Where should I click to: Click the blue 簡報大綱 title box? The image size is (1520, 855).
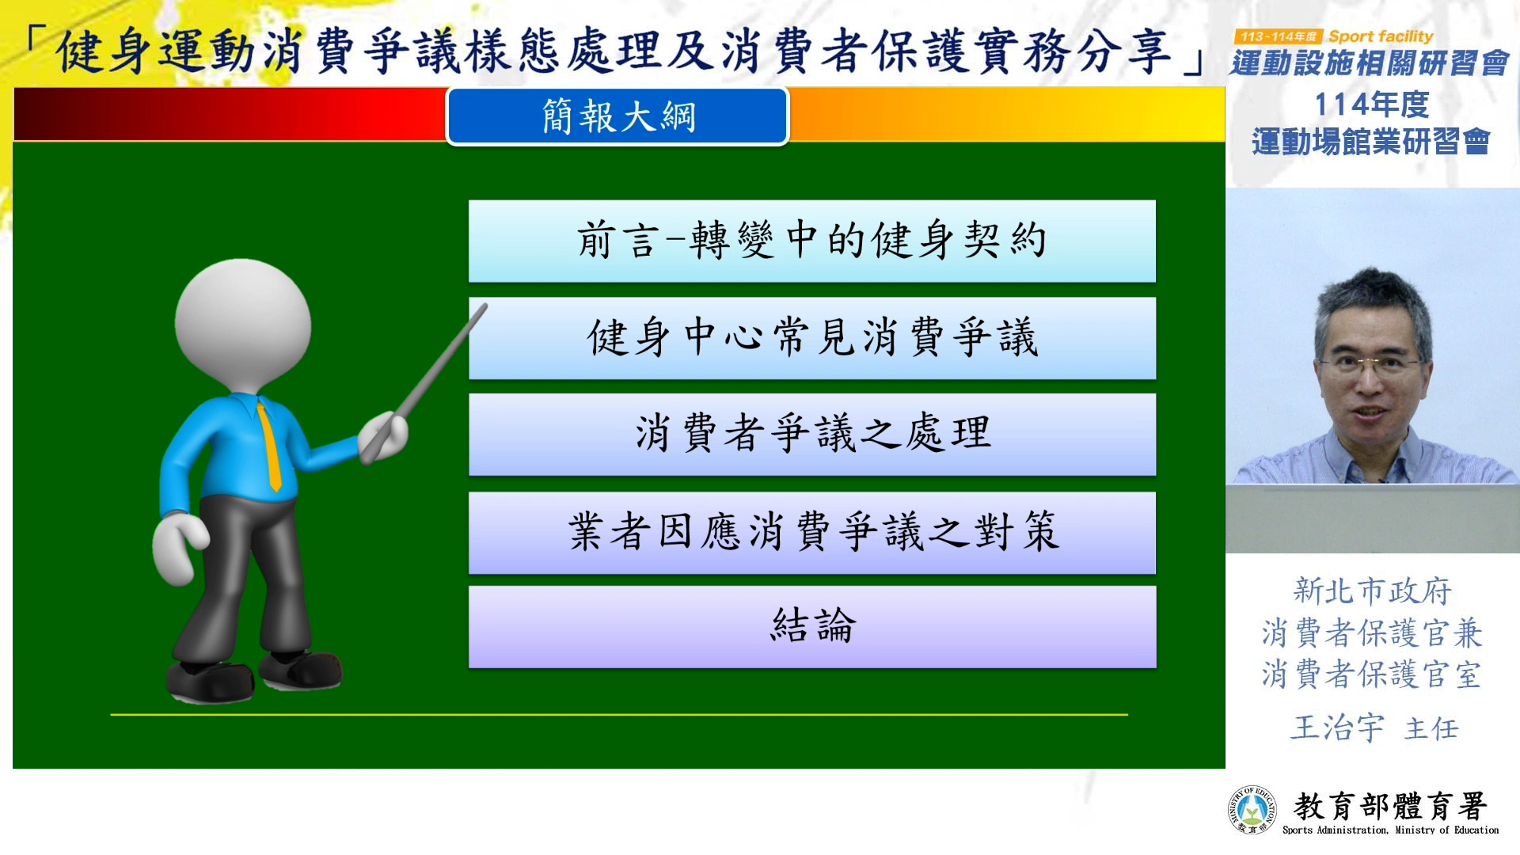point(617,116)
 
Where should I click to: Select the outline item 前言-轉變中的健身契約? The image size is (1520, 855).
point(812,241)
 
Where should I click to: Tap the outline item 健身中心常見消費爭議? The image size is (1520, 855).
point(812,338)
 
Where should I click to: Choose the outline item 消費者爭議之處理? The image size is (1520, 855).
point(812,435)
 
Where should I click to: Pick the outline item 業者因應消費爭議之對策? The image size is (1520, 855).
point(812,532)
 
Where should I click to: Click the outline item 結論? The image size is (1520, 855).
point(812,626)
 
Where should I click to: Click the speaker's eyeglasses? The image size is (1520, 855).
point(1372,364)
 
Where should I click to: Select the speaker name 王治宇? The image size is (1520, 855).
point(1337,728)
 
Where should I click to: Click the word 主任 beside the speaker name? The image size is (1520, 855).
point(1431,729)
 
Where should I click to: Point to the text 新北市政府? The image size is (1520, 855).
point(1372,591)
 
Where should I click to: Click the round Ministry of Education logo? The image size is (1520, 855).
point(1252,810)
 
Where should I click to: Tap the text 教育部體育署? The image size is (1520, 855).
point(1390,807)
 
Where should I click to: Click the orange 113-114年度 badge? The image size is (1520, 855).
point(1279,36)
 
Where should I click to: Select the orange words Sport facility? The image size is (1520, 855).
point(1381,36)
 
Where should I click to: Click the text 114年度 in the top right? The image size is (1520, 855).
point(1372,104)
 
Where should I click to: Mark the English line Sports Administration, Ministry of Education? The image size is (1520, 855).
point(1390,830)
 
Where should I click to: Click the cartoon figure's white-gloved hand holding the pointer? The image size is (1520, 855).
point(383,436)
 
